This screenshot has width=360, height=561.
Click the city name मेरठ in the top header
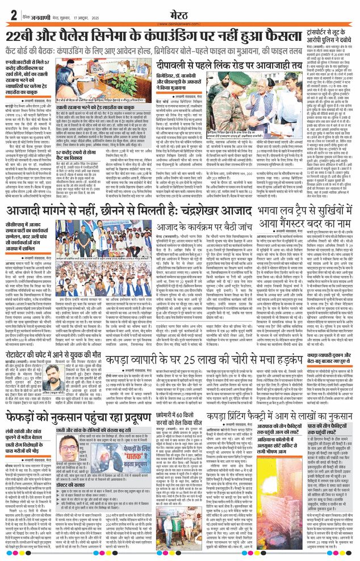(180, 12)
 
